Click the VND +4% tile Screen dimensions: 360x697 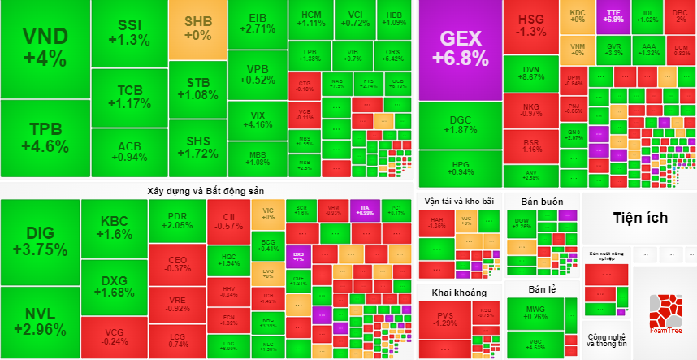45,48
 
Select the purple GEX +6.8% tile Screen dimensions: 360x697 461,48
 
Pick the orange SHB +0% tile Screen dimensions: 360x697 197,29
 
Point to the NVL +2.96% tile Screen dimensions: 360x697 40,321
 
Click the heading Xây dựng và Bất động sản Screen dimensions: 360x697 206,190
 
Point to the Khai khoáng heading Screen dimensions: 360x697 459,292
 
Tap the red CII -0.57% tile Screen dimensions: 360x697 229,221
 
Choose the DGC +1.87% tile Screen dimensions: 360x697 460,125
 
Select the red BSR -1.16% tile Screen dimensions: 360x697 532,145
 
